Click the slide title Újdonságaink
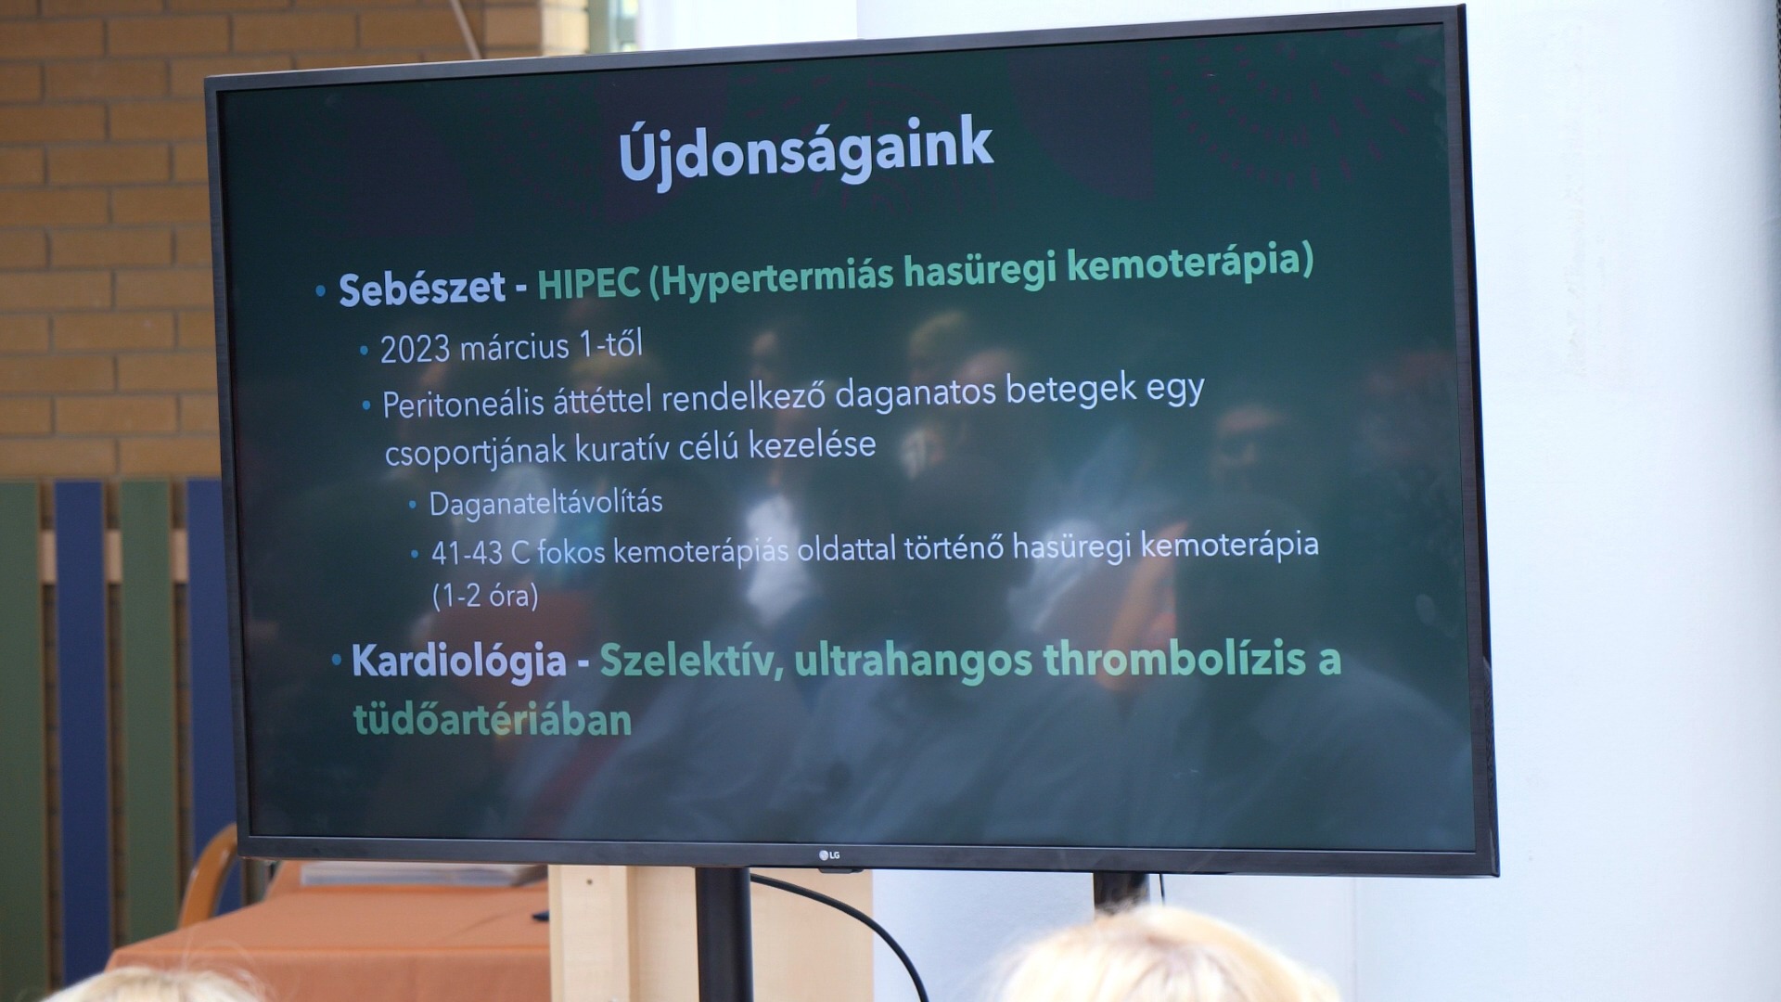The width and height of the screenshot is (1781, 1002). click(805, 150)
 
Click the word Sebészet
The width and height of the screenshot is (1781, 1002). click(422, 289)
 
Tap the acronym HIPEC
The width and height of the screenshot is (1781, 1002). click(589, 284)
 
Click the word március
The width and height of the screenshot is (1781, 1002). click(514, 347)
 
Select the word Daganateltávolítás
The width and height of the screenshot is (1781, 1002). click(545, 504)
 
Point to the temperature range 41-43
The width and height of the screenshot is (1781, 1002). click(467, 554)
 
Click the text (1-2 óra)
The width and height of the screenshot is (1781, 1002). click(485, 595)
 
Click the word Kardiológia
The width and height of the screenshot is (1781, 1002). click(459, 662)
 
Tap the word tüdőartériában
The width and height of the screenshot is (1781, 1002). click(493, 719)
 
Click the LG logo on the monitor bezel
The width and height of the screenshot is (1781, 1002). click(829, 854)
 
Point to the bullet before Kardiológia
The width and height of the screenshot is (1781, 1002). click(337, 661)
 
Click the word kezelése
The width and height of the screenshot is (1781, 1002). click(813, 445)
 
